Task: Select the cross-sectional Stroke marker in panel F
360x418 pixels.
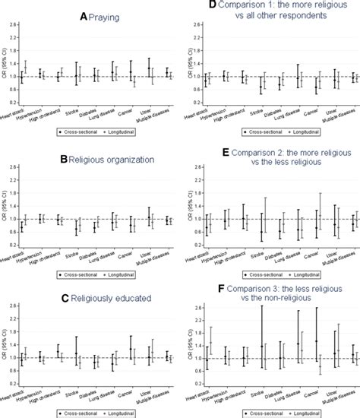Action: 262,346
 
